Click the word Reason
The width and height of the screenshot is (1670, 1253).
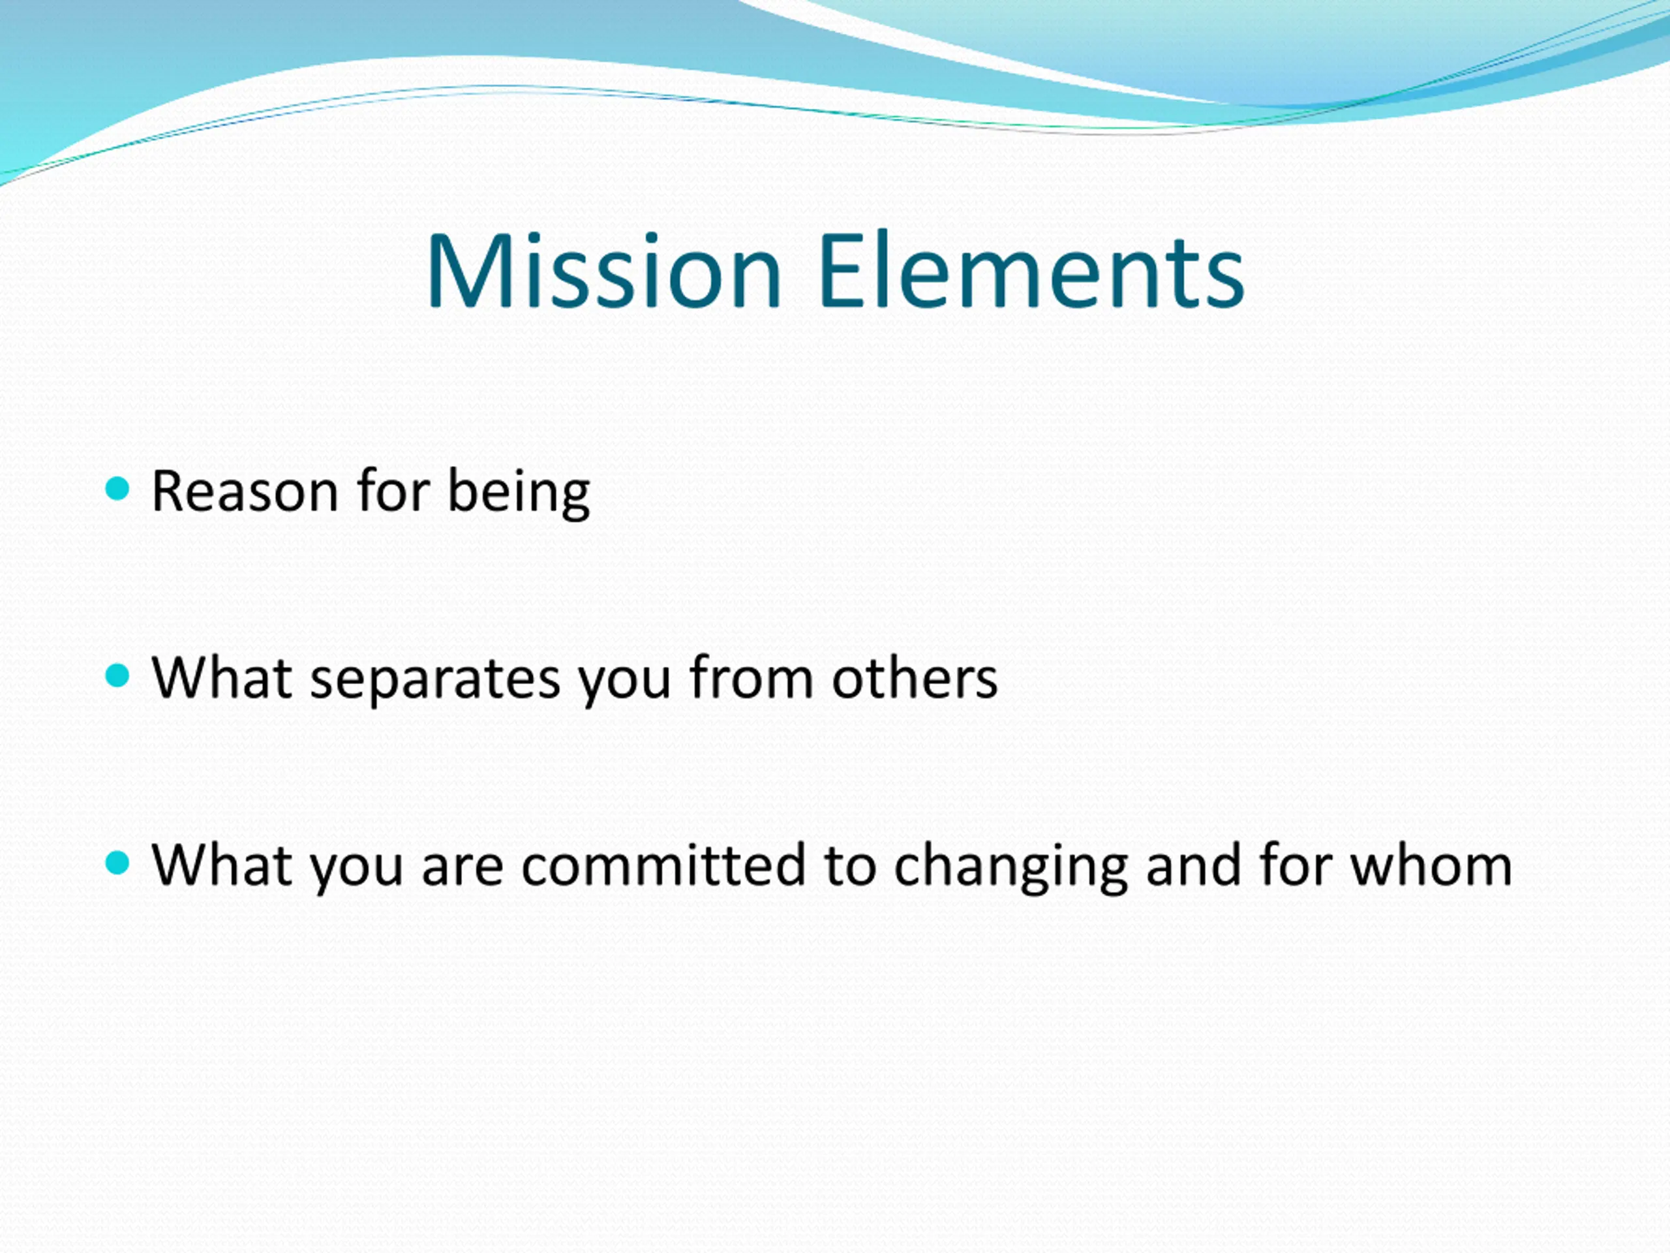click(x=245, y=491)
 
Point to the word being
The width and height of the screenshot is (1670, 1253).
click(x=519, y=494)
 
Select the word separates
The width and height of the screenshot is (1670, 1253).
click(x=436, y=680)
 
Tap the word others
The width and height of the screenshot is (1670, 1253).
click(x=915, y=677)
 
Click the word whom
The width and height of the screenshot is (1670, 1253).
click(x=1431, y=864)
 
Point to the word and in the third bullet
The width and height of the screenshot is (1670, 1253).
click(x=1193, y=864)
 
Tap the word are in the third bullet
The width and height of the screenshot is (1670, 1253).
click(x=462, y=868)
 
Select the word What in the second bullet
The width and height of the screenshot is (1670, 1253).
click(x=222, y=677)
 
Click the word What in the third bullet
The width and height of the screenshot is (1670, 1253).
click(x=222, y=864)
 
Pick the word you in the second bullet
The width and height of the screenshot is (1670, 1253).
click(x=625, y=682)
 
